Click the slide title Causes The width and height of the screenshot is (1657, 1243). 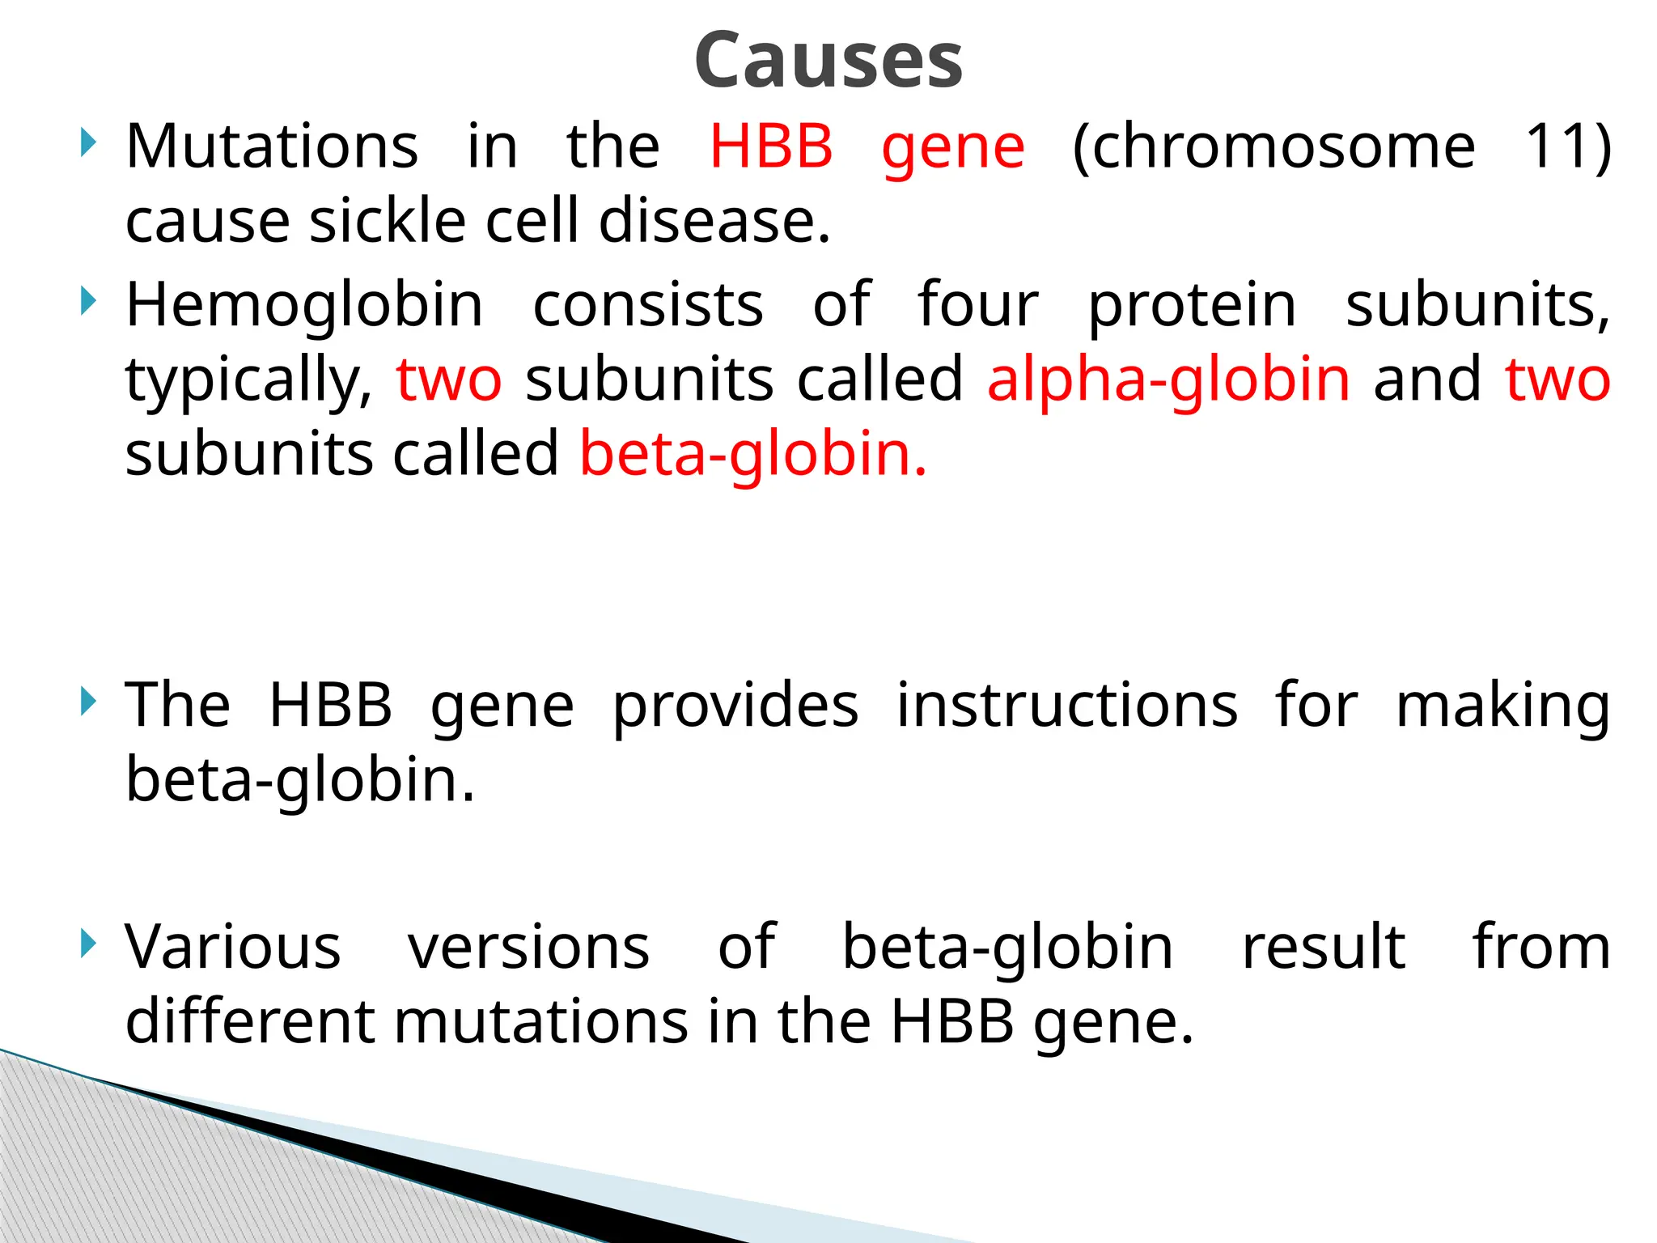point(828,61)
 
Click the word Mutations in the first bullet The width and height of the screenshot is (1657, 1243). point(272,146)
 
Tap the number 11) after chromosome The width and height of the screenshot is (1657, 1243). point(1568,146)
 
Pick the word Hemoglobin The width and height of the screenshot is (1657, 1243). point(304,305)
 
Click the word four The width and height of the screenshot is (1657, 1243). point(977,305)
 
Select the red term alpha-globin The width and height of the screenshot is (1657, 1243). point(1168,380)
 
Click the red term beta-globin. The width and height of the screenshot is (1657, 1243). point(752,454)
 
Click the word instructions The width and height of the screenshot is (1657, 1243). point(1067,705)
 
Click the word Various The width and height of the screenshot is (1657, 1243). point(233,946)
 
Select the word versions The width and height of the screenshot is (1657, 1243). point(528,946)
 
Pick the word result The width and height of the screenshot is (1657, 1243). point(1324,946)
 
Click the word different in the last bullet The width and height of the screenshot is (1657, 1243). point(249,1020)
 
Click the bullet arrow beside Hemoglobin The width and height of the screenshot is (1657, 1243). point(89,303)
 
